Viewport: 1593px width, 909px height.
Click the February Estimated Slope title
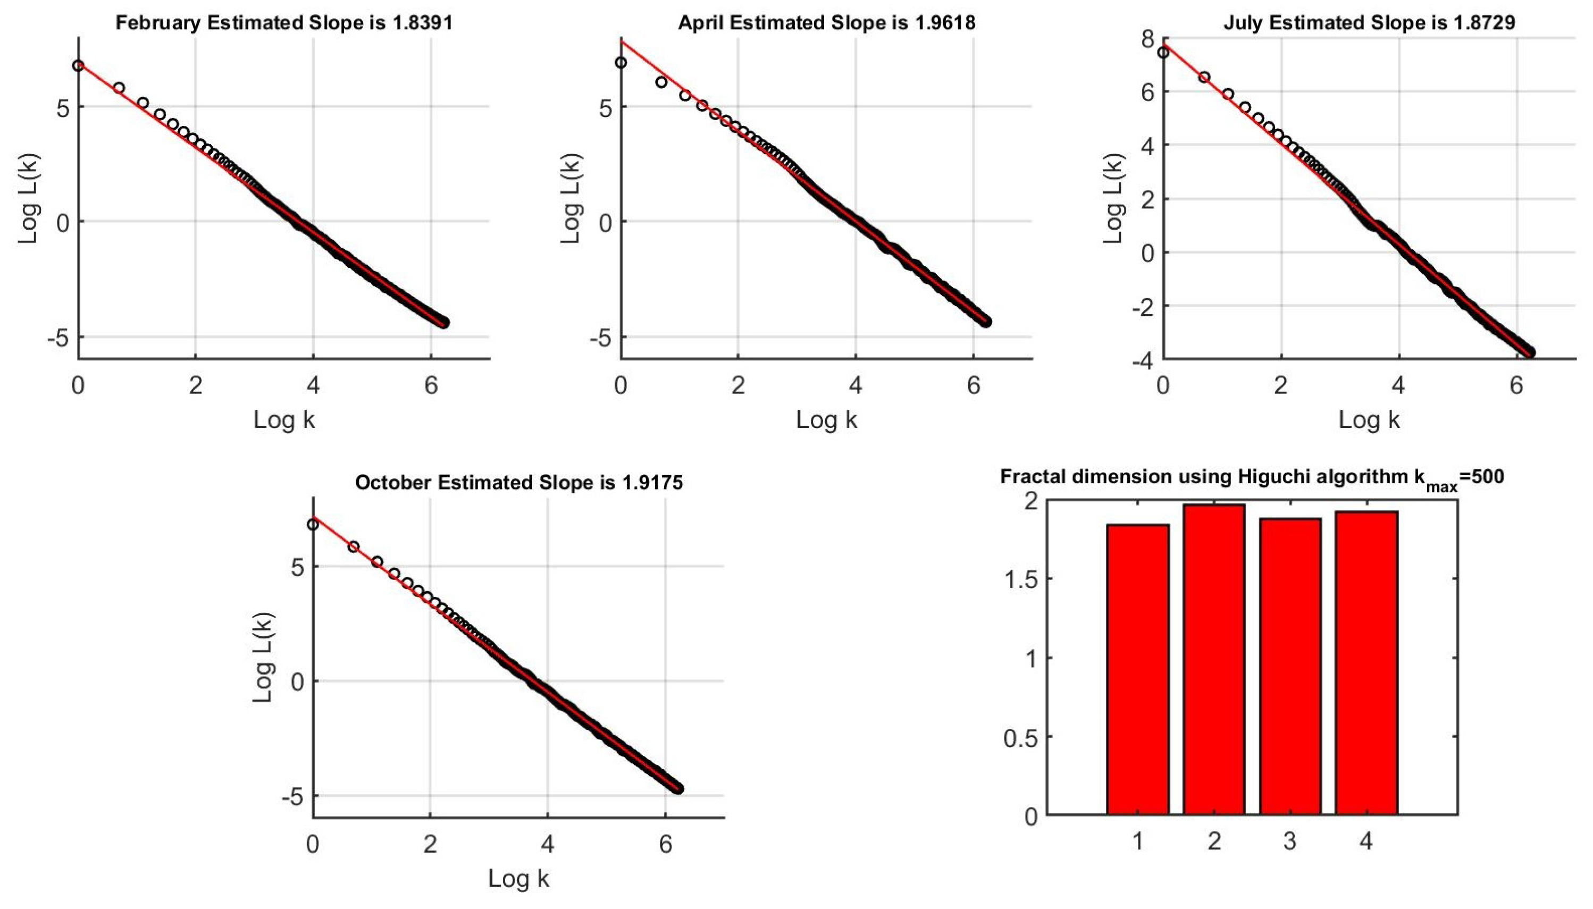283,23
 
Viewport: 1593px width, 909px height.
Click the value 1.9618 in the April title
944,23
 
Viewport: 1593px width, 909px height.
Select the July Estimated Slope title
1369,23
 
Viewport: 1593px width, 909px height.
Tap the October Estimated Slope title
518,483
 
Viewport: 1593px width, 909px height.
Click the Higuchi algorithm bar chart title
1252,477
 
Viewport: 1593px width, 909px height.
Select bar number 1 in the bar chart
1137,669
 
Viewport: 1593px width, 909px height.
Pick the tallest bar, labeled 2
1213,659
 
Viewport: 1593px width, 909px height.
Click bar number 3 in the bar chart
1289,666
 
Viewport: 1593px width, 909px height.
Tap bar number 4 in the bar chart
1366,663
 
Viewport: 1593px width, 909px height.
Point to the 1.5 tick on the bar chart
1020,579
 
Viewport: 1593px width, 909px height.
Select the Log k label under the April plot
826,419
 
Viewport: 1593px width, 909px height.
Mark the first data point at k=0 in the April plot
620,62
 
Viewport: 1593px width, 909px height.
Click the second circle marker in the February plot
119,88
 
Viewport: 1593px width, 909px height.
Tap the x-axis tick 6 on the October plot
665,845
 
